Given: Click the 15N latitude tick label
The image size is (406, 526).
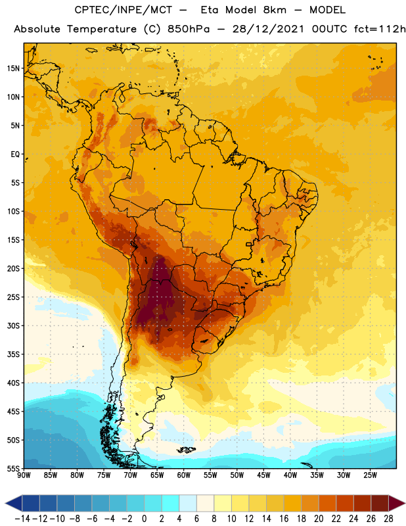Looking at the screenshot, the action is pos(13,68).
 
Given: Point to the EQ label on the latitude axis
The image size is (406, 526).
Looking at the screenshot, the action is pos(15,155).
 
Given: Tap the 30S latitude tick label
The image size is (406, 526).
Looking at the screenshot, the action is pos(13,325).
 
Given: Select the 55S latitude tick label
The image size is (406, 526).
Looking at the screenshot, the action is pos(13,469).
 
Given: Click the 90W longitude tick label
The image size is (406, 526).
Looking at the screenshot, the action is pos(24,475).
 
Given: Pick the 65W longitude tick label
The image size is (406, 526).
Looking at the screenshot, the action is pos(157,475).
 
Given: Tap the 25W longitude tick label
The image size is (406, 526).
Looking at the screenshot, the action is pos(370,475).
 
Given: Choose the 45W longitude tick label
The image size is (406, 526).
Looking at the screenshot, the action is pos(263,475).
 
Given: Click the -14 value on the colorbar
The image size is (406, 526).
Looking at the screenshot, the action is pos(22,519).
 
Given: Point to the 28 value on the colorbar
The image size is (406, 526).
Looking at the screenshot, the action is pos(388,519).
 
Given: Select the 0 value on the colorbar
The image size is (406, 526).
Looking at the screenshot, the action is pos(144,519).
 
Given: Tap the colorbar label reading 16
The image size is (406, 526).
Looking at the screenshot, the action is pos(284,519).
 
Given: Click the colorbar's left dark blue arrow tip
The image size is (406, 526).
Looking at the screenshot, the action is pos(6,503).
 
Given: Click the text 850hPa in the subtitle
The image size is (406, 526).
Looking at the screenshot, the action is pos(189,29).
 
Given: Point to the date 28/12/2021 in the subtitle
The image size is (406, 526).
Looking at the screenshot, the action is pos(268,29).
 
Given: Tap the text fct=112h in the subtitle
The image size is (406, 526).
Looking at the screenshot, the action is pos(380,29).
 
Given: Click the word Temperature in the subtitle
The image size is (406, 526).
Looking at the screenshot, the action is pos(102,29).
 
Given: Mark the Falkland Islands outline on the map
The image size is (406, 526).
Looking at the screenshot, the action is pos(186,450).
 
